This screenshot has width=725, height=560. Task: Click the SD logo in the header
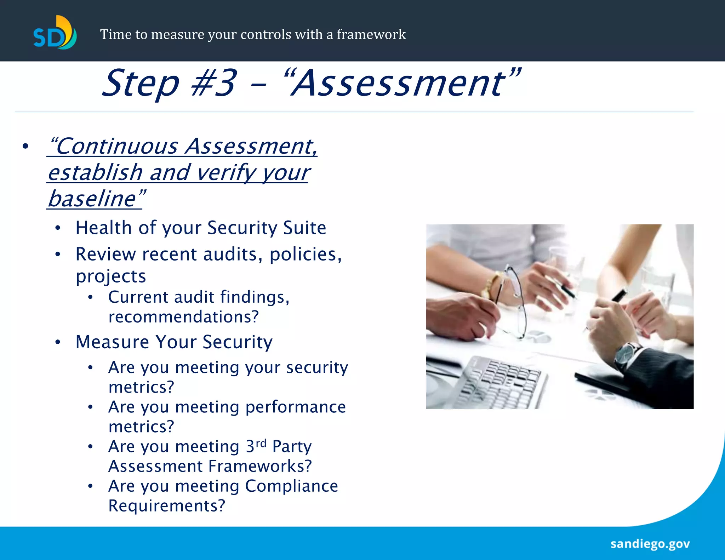[55, 33]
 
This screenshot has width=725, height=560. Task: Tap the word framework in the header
[371, 35]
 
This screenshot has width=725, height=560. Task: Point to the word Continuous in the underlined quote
[117, 146]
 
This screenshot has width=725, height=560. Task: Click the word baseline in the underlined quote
[92, 199]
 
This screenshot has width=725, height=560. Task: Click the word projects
[110, 276]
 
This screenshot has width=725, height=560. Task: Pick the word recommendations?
[183, 317]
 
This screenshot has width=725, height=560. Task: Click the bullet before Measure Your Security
[58, 342]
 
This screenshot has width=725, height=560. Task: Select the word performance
[296, 407]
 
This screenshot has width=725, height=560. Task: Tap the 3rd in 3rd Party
[256, 446]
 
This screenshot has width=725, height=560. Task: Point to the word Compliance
[291, 486]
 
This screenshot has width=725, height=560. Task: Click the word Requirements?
[167, 506]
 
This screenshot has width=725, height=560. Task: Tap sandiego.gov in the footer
[650, 544]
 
